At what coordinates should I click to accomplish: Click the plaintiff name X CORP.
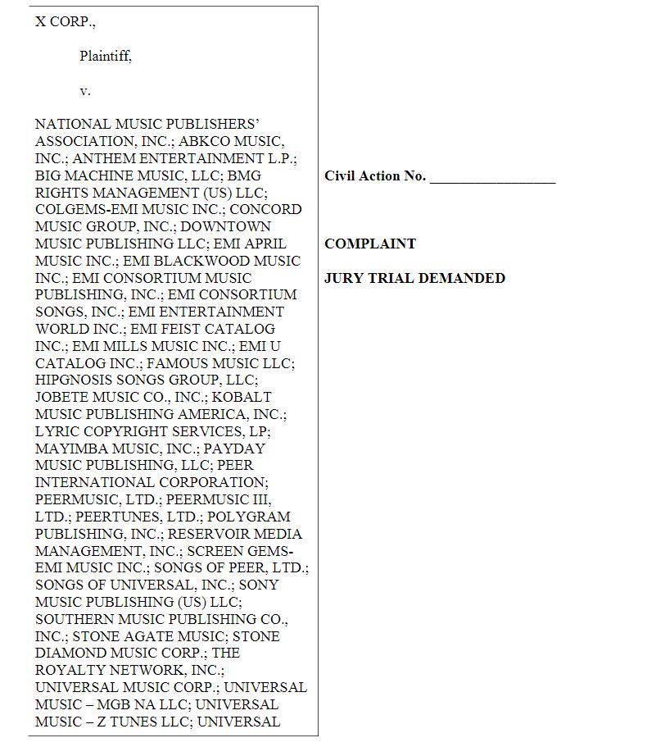(x=65, y=22)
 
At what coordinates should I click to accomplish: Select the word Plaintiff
(x=105, y=57)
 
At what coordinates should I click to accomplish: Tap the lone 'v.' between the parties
(x=85, y=91)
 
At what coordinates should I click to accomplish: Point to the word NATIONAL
(x=73, y=125)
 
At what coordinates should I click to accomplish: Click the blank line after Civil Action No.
(x=492, y=177)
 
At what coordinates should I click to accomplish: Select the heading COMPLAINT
(x=370, y=244)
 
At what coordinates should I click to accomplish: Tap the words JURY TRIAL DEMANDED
(x=414, y=279)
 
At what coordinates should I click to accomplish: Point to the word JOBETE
(x=63, y=398)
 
